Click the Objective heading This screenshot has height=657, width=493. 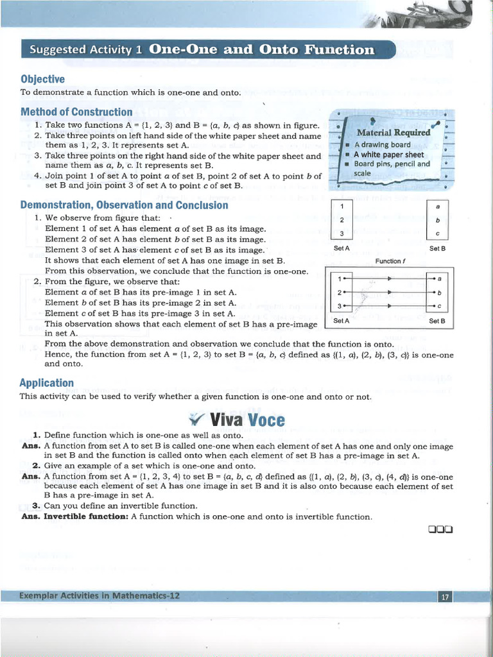(x=42, y=79)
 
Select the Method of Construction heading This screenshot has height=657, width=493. (x=76, y=112)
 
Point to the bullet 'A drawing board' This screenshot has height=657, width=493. (x=383, y=144)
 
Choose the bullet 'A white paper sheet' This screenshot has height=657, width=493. (x=388, y=154)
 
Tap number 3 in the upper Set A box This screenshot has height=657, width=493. (x=342, y=234)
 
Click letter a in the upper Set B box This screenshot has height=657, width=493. (x=437, y=207)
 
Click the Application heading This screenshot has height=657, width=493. (x=47, y=383)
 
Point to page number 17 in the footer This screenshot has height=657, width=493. (x=445, y=597)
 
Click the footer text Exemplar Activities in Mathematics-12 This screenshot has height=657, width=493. (x=99, y=595)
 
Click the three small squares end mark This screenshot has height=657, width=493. (x=440, y=529)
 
